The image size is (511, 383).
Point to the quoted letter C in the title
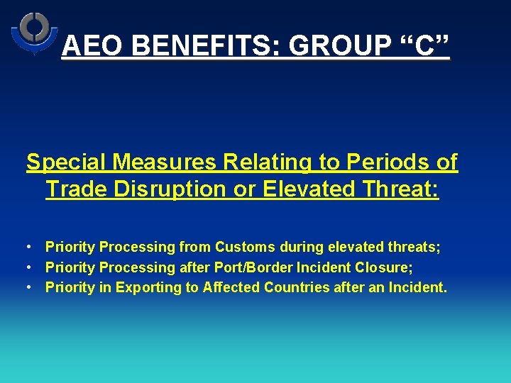coord(424,46)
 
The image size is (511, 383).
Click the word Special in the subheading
coord(67,162)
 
